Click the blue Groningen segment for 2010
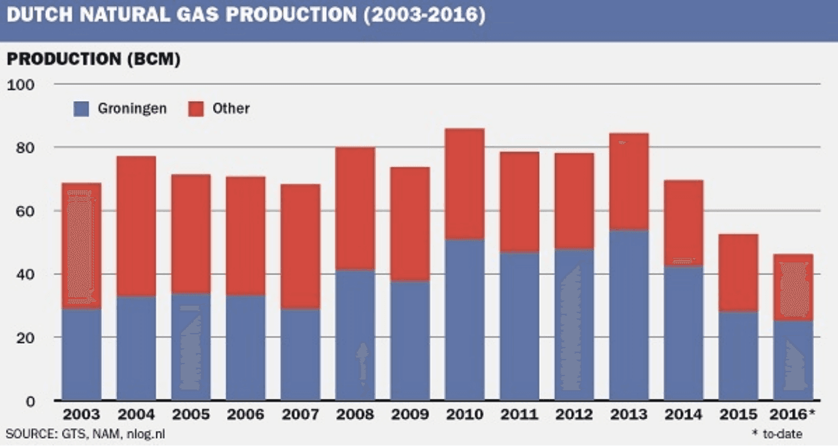465,320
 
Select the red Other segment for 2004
136,227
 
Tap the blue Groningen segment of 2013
629,315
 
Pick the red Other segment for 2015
738,273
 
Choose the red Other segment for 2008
355,208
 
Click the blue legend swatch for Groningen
81,109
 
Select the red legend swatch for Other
196,109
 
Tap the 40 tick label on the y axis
24,274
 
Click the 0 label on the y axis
29,401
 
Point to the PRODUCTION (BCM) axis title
93,59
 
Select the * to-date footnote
777,434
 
